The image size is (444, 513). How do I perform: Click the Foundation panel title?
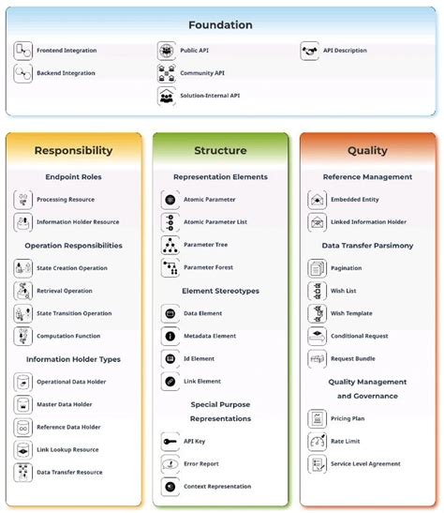(220, 25)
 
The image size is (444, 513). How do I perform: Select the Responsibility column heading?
(73, 150)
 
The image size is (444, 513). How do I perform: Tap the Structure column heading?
(220, 150)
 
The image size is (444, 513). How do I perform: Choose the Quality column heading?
(367, 150)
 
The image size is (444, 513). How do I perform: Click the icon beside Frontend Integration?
(22, 51)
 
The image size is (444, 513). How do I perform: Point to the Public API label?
(200, 51)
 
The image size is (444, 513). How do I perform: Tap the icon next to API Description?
(310, 51)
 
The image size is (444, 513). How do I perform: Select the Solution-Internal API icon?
(167, 96)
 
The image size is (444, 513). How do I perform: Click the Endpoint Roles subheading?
(73, 176)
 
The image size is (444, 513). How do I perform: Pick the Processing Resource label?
(65, 200)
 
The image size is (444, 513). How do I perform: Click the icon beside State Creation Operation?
(22, 268)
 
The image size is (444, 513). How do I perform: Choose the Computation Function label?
(68, 336)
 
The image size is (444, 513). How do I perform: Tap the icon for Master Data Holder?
(22, 404)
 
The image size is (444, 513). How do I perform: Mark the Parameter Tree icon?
(170, 245)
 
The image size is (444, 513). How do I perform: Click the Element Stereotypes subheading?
(220, 291)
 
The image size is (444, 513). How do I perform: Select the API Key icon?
(170, 441)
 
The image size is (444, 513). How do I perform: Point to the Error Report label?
(201, 463)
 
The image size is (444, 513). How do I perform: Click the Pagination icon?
(317, 268)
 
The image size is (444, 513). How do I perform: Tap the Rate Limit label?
(347, 441)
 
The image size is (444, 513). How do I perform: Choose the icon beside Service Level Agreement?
(317, 463)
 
